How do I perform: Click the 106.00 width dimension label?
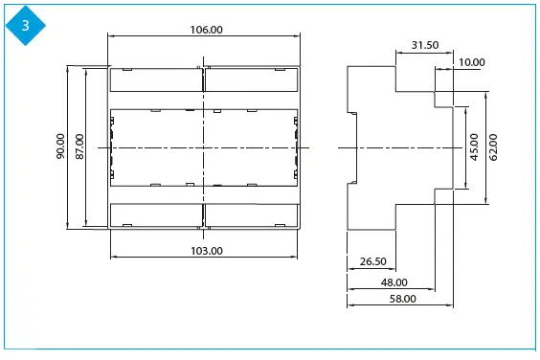click(x=206, y=30)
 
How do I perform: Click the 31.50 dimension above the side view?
click(x=425, y=45)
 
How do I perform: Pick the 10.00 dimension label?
click(x=472, y=62)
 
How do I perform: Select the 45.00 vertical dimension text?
click(x=473, y=147)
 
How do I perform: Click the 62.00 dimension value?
click(x=493, y=147)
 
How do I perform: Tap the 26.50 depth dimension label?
click(x=372, y=261)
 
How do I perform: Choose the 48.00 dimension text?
click(x=394, y=282)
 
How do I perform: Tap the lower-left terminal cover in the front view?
click(x=156, y=215)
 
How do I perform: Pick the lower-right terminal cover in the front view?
click(x=251, y=215)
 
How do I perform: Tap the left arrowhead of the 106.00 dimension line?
click(x=112, y=37)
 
